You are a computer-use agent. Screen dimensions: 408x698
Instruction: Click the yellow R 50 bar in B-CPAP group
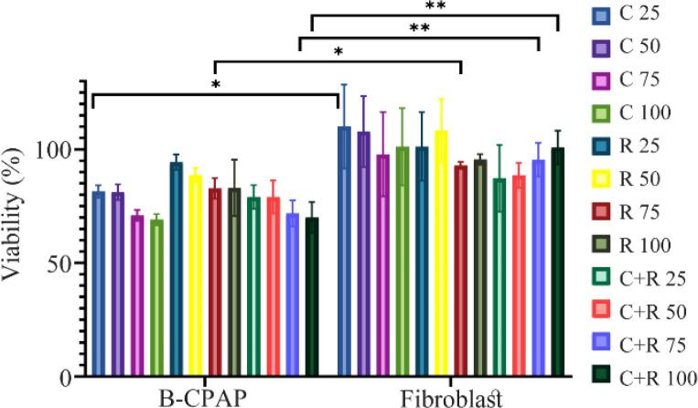[x=195, y=275]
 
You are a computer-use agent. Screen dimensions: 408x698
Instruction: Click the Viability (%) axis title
[x=17, y=229]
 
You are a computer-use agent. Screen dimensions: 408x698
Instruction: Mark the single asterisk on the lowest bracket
[x=216, y=84]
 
